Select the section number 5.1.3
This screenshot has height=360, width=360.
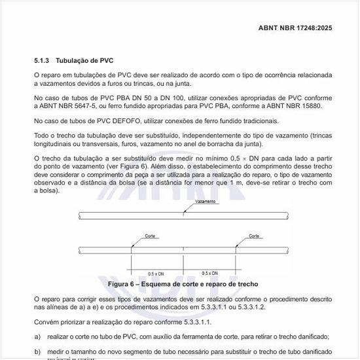pos(42,60)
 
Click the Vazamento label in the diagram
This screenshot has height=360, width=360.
pos(206,202)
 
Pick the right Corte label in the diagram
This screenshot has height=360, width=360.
pos(254,236)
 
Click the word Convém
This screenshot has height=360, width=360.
pos(46,321)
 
